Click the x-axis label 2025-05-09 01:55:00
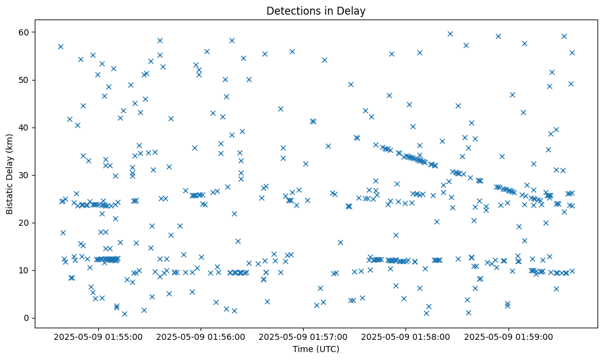click(x=98, y=336)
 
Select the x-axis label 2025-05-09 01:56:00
click(x=201, y=336)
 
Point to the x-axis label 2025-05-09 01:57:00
click(x=303, y=336)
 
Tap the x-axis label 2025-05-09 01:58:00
click(x=405, y=336)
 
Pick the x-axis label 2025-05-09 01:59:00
click(x=508, y=336)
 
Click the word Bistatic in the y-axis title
click(x=10, y=194)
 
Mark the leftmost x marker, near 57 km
click(x=60, y=46)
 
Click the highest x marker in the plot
click(x=450, y=34)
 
